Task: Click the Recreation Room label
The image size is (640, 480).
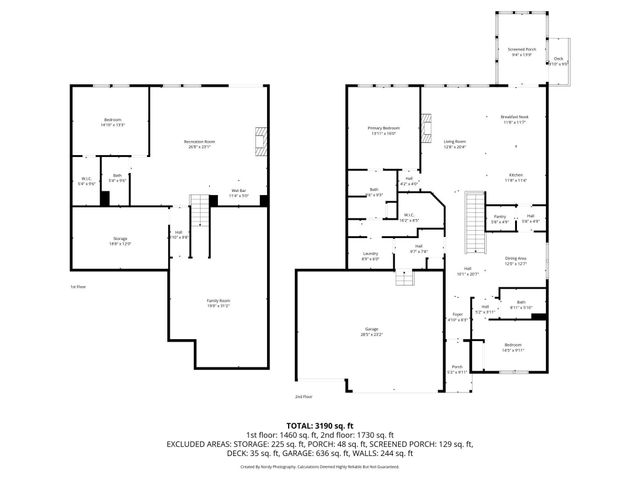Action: [200, 142]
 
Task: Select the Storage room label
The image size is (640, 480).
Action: [119, 240]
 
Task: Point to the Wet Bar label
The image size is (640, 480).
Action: [239, 193]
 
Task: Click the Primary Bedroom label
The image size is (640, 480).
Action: [383, 129]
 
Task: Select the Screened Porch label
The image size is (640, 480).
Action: [521, 50]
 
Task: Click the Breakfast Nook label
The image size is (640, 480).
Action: [514, 118]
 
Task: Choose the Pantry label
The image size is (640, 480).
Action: [497, 218]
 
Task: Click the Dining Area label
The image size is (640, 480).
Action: [516, 260]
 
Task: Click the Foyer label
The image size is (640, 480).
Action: [457, 317]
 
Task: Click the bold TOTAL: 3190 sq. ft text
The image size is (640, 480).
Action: [319, 425]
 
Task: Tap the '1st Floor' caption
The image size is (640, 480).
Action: [77, 287]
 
